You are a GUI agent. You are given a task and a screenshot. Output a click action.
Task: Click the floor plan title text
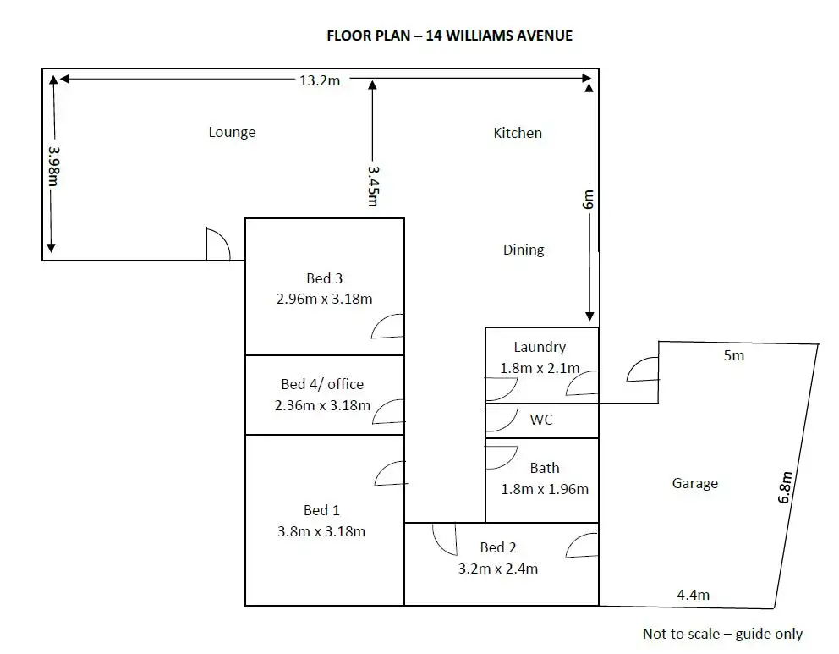coord(449,36)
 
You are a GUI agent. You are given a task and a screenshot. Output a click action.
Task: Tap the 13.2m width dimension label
coord(320,80)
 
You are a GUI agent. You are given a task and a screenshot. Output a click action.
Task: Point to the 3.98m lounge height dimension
coord(53,166)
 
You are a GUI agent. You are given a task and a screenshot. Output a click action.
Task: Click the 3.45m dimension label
coord(373,186)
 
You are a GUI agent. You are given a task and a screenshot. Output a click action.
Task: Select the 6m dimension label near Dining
coord(588,200)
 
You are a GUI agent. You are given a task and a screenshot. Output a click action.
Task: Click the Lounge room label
coord(233,132)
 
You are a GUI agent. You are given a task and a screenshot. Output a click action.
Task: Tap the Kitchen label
coord(518,133)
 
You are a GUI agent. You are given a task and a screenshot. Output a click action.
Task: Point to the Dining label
coord(524,250)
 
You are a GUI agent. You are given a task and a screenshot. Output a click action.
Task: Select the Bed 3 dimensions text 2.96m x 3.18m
coord(324,299)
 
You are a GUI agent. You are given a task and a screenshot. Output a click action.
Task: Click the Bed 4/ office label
coord(322,384)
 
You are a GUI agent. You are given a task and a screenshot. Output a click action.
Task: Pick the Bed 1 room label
coord(321,510)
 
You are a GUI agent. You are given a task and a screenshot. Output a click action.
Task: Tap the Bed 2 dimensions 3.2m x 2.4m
coord(498,569)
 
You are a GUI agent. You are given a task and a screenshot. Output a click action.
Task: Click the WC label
coord(541,420)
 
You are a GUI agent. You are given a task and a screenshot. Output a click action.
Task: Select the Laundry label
coord(540,348)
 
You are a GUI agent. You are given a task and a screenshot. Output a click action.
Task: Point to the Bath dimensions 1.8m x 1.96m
coord(545,489)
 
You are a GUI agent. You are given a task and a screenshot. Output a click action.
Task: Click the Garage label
coord(695,483)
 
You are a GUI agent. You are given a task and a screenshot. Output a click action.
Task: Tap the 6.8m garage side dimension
coord(785,487)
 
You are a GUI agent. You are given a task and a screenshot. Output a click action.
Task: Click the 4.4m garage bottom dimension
coord(693,595)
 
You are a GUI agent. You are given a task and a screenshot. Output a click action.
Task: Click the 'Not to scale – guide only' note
coord(722,635)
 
